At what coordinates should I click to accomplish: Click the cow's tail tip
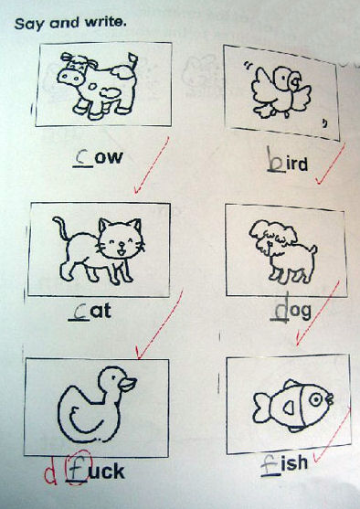click(132, 58)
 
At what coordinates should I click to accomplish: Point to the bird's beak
click(296, 81)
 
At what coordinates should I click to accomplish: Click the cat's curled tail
click(60, 228)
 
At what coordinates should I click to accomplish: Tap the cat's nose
click(121, 244)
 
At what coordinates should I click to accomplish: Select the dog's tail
click(313, 250)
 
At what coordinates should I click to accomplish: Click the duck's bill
click(127, 385)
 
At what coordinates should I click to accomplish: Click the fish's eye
click(315, 399)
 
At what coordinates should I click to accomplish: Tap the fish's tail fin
click(261, 407)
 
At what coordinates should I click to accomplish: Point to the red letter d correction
click(50, 473)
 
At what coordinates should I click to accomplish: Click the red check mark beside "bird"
click(330, 164)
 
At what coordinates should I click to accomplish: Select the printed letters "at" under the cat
click(101, 312)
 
